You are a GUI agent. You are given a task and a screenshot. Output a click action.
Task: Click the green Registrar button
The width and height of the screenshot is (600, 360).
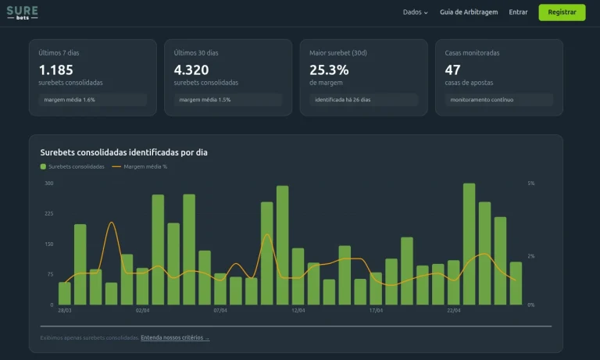(x=562, y=12)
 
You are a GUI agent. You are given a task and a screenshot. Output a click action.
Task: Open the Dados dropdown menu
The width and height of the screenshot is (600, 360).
(x=415, y=12)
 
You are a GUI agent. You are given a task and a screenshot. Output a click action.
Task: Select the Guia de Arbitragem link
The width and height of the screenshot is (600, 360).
(x=469, y=12)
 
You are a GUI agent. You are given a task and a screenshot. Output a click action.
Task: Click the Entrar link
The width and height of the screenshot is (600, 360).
(x=518, y=12)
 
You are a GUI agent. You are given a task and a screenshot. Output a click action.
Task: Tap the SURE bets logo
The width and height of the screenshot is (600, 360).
(x=22, y=12)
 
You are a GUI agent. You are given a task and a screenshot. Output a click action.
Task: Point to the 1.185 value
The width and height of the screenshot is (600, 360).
(x=55, y=70)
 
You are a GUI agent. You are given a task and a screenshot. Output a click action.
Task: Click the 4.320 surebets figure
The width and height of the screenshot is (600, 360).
(x=191, y=70)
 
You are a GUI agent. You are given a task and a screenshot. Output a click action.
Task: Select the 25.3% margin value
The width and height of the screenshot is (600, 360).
(x=329, y=70)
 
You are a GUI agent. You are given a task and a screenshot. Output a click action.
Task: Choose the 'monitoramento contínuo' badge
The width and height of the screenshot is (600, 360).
(x=481, y=100)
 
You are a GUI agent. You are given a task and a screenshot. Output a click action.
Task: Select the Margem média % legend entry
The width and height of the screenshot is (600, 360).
(x=141, y=166)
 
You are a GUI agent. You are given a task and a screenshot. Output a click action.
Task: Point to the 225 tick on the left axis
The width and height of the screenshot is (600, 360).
(x=48, y=213)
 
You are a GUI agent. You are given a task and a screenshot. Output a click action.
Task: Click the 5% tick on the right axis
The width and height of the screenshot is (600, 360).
(x=531, y=184)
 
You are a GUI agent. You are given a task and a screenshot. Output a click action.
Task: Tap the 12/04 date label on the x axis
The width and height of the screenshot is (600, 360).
(x=298, y=310)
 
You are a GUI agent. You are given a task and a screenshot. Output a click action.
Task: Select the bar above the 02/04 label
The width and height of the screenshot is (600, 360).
(x=142, y=286)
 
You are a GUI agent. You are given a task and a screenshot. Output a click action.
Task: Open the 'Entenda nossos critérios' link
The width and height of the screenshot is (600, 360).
(x=175, y=337)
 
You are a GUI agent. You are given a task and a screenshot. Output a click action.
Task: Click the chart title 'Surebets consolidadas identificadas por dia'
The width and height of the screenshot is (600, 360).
(x=123, y=152)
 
